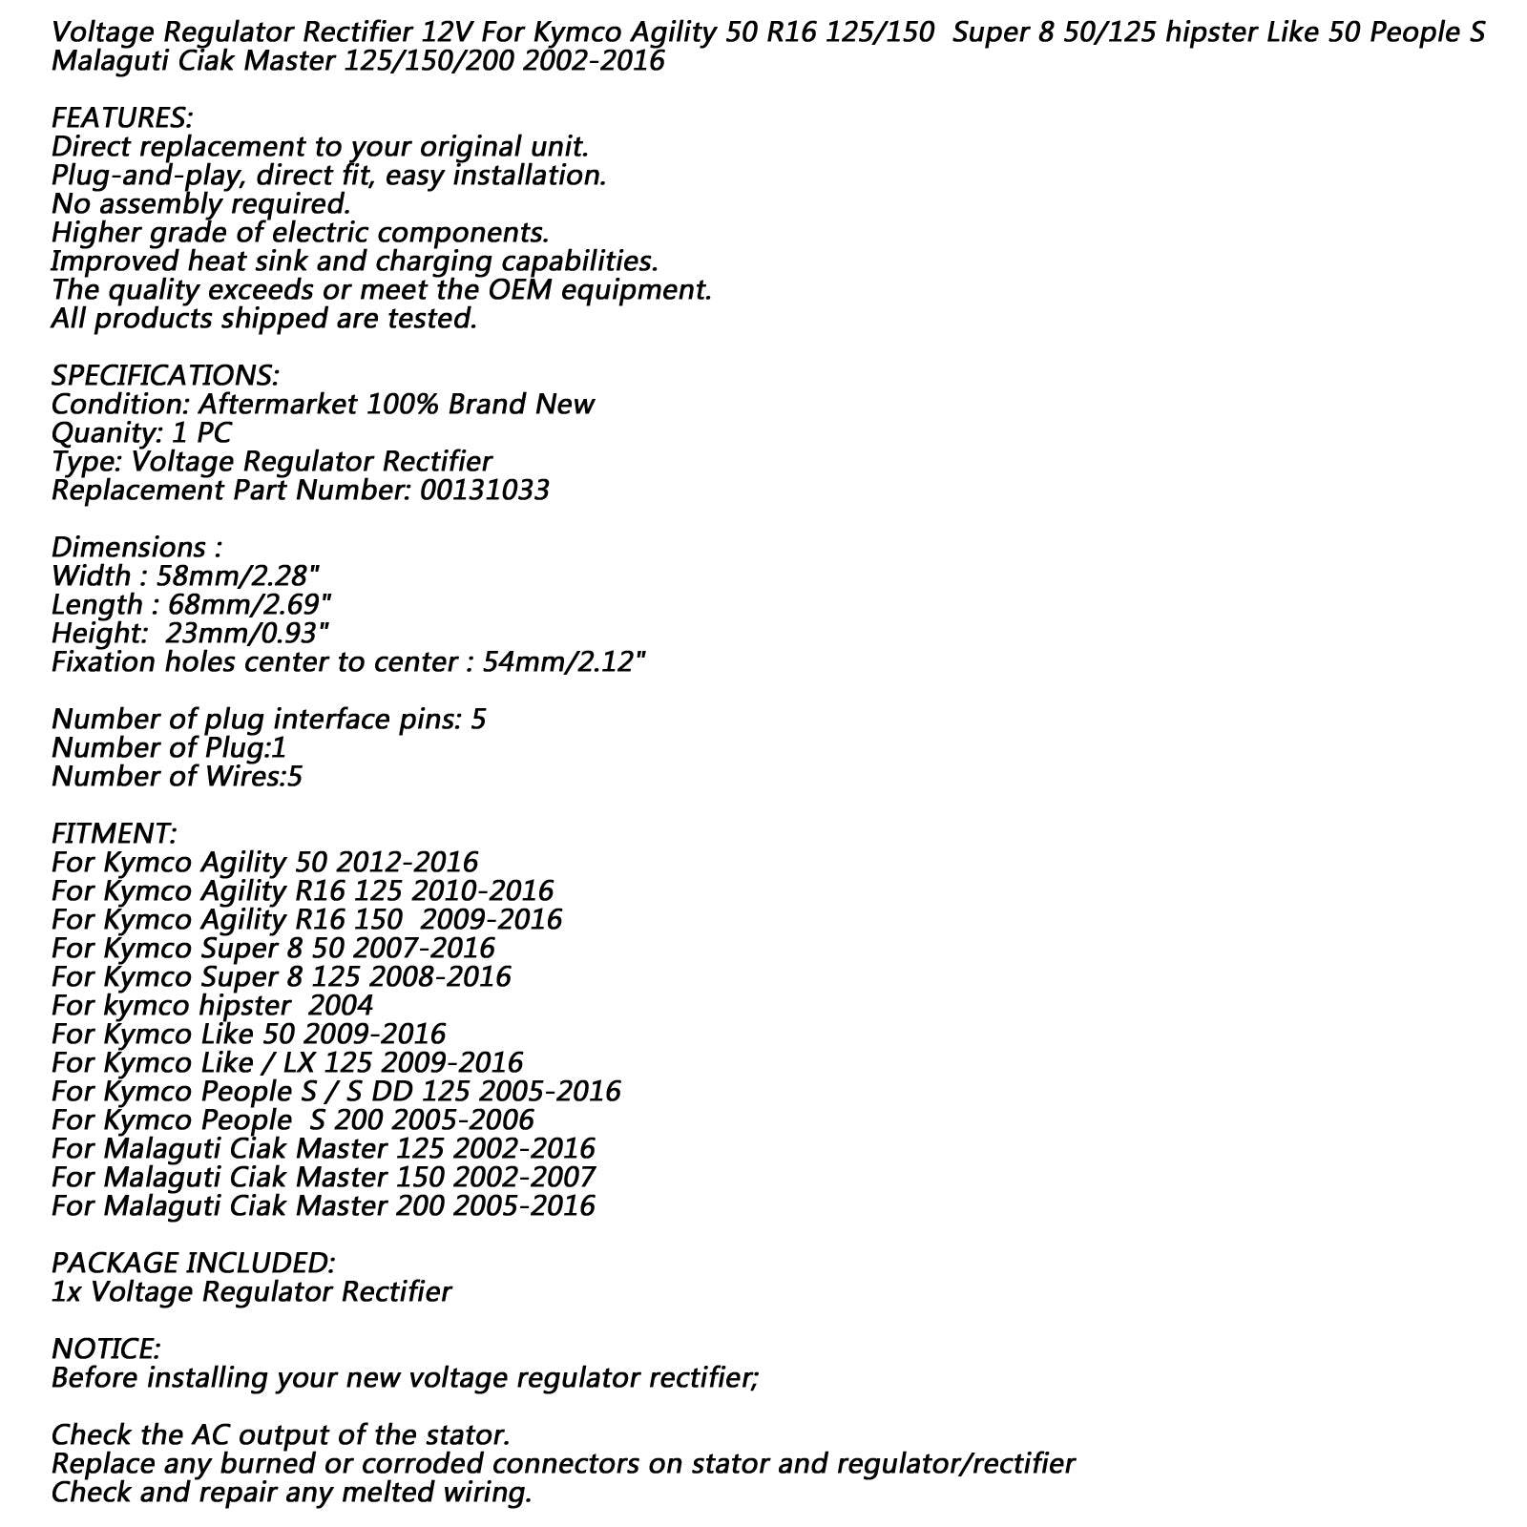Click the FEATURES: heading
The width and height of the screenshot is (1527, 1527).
click(121, 118)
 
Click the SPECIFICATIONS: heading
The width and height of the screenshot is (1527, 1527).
click(165, 375)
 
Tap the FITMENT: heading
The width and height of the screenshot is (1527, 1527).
click(114, 833)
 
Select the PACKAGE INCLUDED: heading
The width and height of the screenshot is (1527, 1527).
click(193, 1263)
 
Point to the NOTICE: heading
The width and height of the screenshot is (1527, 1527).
click(105, 1349)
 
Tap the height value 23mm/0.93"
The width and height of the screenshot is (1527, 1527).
click(248, 633)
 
